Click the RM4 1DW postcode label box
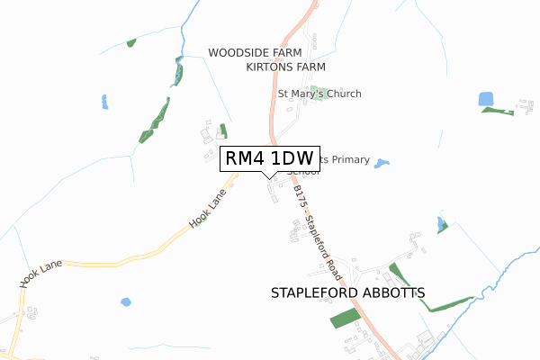(x=269, y=158)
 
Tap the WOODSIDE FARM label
(x=255, y=53)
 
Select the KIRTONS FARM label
(x=285, y=67)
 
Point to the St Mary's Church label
(x=319, y=94)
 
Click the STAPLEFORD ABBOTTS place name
(x=347, y=293)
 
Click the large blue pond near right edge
(x=487, y=98)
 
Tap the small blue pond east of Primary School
(x=382, y=164)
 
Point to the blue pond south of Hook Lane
(x=125, y=301)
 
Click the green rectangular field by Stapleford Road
(x=344, y=317)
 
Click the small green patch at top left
(x=131, y=42)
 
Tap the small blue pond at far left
(x=105, y=101)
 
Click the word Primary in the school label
(x=351, y=159)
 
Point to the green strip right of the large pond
(x=497, y=111)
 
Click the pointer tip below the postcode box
(x=269, y=177)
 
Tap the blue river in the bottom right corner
(x=504, y=270)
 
